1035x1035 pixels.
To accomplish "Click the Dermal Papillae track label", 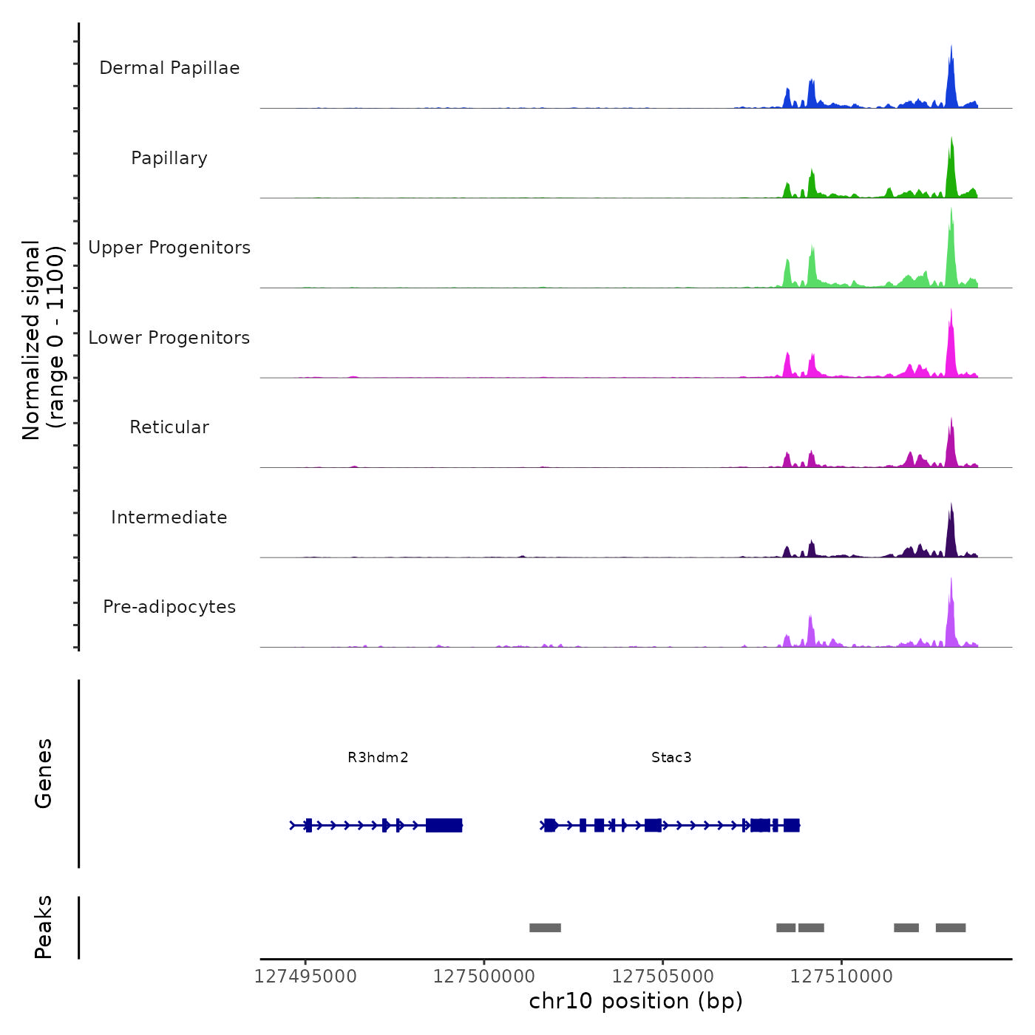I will tap(169, 68).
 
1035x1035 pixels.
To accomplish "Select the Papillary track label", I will tap(169, 158).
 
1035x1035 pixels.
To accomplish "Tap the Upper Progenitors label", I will tap(169, 248).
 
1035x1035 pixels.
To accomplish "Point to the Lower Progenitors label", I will tap(169, 338).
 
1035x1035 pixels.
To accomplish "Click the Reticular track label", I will tap(169, 427).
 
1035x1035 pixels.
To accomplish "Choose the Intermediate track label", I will tap(169, 517).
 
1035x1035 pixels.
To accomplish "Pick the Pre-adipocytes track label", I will tap(169, 607).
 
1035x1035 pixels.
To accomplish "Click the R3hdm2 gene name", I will tap(378, 757).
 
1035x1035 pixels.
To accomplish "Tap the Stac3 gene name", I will tap(671, 757).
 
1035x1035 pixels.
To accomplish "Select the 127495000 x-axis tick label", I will tap(305, 977).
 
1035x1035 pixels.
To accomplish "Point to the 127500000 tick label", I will tap(483, 977).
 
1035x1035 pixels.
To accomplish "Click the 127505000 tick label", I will tap(662, 977).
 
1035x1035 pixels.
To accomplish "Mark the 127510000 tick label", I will tap(841, 977).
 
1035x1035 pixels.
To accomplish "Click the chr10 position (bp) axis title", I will tap(636, 1001).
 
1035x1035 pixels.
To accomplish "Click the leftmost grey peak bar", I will tap(545, 928).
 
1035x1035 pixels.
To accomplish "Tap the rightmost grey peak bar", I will tap(951, 928).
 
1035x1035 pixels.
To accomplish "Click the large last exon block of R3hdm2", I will tap(444, 825).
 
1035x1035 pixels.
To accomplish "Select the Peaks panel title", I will tap(44, 927).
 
